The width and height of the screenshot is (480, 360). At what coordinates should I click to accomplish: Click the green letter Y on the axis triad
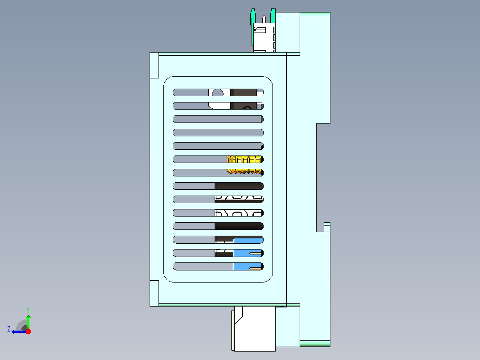28,310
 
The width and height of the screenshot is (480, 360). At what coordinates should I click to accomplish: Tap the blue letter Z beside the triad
9,329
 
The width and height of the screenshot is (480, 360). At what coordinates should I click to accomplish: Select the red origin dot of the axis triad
28,331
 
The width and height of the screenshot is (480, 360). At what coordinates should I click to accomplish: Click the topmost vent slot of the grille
218,92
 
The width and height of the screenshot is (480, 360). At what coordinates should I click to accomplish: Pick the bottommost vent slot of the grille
218,266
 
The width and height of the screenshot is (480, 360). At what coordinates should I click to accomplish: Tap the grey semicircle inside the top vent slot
218,93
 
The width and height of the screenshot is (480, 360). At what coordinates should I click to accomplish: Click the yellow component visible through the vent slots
244,165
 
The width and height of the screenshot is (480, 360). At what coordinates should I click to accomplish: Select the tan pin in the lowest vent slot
256,268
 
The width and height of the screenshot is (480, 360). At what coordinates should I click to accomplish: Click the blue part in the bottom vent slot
248,266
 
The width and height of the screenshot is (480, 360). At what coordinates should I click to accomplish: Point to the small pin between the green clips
264,19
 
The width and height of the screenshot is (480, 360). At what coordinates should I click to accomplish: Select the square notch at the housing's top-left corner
154,65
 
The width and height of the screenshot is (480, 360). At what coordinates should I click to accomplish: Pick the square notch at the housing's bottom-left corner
154,293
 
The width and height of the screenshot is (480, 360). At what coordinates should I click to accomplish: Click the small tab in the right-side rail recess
327,227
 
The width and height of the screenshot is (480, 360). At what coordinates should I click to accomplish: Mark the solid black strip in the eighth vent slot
239,186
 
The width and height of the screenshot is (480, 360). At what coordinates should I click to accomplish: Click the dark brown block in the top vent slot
244,92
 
